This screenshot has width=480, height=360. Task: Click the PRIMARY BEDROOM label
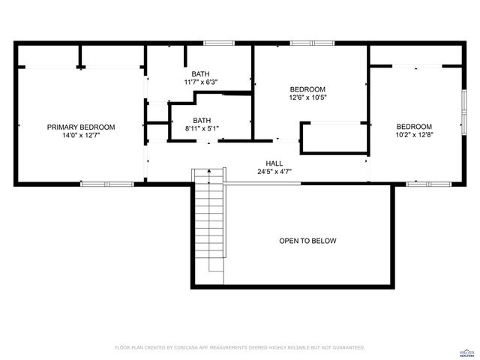coord(81,127)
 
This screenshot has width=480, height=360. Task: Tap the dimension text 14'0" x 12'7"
coord(81,136)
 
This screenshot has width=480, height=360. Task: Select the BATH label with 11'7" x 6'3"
coord(200,73)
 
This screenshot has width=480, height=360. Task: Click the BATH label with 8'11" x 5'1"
coord(202,120)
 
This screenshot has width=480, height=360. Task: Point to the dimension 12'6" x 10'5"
coord(307,97)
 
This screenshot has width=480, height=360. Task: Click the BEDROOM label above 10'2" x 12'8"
coord(414,126)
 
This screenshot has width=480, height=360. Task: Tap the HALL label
coord(274,163)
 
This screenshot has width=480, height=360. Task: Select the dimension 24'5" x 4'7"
coord(274,172)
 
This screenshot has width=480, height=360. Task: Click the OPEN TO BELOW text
coord(307,241)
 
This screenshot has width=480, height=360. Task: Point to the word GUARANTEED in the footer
coord(347,348)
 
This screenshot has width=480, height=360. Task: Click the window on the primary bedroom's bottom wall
coord(106,184)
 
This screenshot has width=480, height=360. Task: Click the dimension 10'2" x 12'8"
coord(414,135)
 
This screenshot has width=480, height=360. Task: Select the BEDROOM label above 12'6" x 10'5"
coord(307,88)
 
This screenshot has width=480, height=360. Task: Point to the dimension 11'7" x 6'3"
coord(200,82)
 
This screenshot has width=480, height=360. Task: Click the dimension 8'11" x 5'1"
coord(202,128)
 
